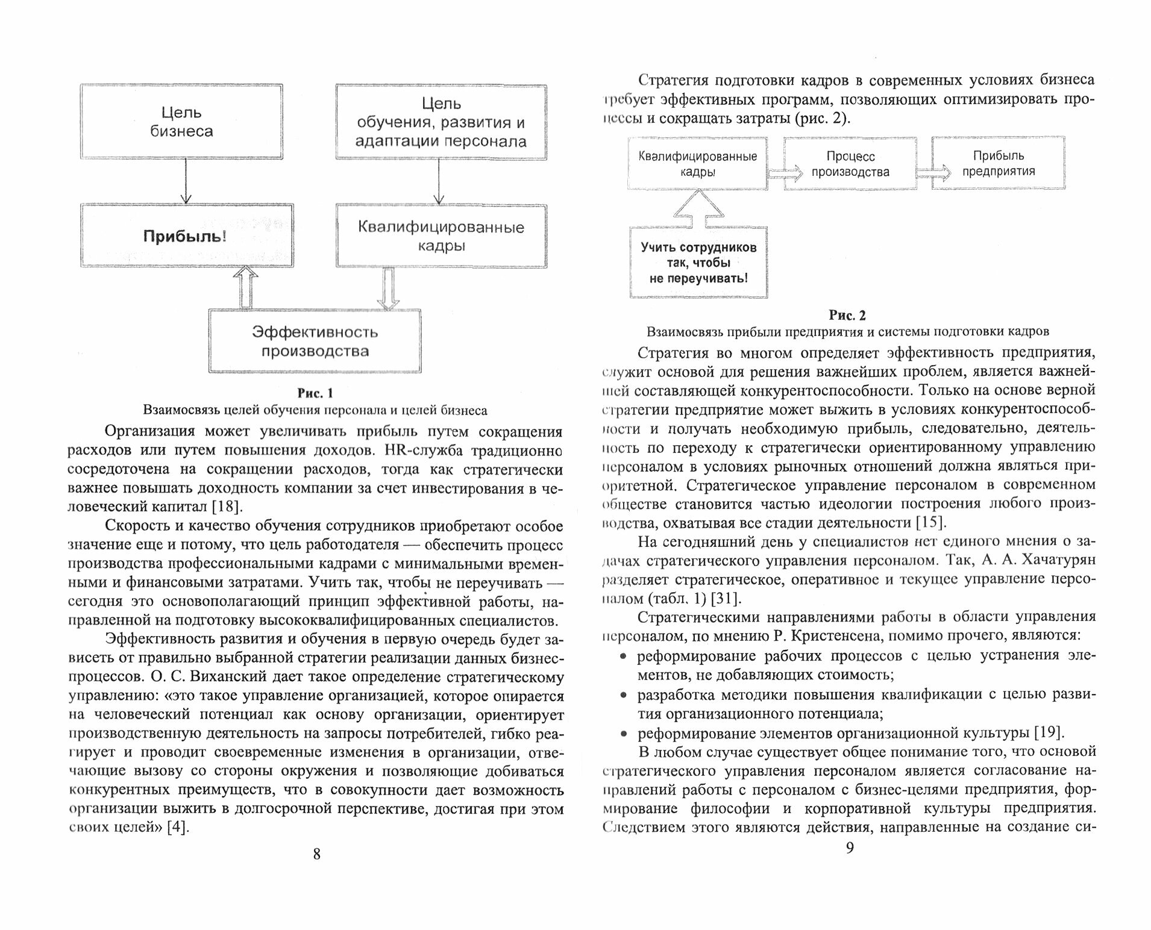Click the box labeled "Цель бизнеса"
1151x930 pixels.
[x=181, y=122]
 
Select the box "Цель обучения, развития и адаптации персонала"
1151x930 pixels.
[x=441, y=122]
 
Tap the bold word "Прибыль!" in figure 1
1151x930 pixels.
[x=185, y=236]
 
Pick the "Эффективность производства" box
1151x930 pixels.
[x=315, y=341]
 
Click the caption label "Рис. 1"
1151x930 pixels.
[x=315, y=393]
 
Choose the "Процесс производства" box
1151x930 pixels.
[x=850, y=164]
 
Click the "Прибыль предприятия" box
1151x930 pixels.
[x=998, y=163]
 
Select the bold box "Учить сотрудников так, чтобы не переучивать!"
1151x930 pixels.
[x=698, y=263]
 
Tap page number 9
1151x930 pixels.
[x=849, y=848]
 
